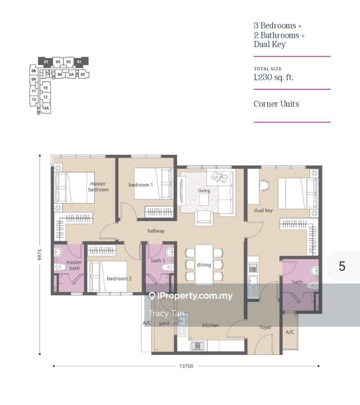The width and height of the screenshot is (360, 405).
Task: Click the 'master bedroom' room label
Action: coord(98,186)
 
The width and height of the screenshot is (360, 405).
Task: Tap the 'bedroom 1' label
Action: coord(140,185)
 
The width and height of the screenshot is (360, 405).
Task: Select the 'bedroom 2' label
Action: coord(119,279)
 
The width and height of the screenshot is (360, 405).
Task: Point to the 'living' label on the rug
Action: coord(204,191)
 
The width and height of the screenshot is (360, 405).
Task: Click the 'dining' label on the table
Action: coord(204,265)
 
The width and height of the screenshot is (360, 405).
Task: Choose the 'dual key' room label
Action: coord(263,210)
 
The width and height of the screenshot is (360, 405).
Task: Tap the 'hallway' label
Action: coord(156,231)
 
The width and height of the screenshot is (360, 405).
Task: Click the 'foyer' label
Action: coord(266,327)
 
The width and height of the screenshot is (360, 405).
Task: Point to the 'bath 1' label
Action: coord(158,261)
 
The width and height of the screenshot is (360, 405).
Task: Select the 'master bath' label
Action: coord(74,265)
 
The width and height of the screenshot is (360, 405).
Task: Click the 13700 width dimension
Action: coord(186,366)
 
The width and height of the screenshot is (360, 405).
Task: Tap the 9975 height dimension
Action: coord(39,255)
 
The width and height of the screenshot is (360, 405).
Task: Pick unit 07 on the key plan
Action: coord(46,62)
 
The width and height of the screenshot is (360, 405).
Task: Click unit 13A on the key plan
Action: coord(45,108)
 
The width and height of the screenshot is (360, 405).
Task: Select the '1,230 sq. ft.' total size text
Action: coord(274,77)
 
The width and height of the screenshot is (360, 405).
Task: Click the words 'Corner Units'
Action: coord(276,104)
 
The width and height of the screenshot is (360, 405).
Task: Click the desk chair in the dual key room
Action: coord(265,185)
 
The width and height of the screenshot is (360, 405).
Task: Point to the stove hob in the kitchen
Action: coord(197,346)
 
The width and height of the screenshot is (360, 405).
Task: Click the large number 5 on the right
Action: coord(342,266)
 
